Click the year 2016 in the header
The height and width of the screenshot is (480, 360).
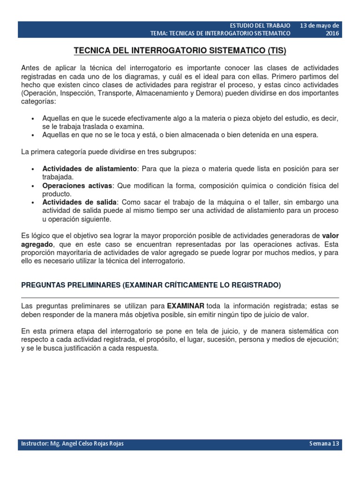(332, 33)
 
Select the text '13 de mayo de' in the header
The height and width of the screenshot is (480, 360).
(320, 25)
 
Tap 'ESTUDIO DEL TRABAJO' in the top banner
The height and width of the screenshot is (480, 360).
(261, 25)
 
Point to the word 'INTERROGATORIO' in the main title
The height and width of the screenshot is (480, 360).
(164, 51)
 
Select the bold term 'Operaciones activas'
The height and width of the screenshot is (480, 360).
(77, 186)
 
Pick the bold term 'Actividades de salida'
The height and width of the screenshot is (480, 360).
(79, 202)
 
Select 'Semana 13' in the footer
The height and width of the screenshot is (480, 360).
(324, 443)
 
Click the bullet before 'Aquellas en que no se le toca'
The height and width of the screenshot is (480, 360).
(32, 135)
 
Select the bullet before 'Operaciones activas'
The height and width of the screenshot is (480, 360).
(32, 186)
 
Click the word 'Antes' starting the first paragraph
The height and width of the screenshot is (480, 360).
(30, 67)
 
